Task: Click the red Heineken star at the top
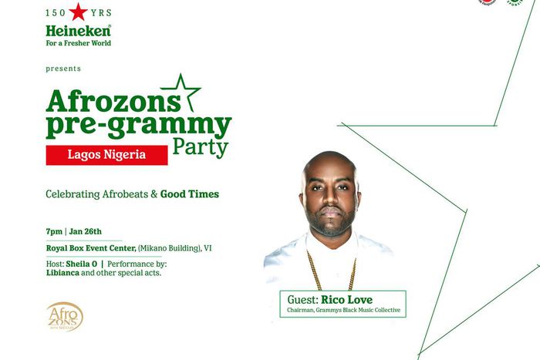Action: tap(79, 13)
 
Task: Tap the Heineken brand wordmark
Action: tap(78, 31)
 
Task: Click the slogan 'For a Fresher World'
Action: tap(78, 43)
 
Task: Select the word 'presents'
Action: tap(63, 69)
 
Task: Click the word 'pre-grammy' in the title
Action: tap(138, 126)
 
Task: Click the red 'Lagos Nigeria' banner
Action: tap(106, 154)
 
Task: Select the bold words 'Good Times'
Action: tap(190, 194)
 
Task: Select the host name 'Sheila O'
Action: tap(92, 264)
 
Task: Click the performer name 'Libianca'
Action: tap(62, 273)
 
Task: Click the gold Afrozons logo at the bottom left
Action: tap(64, 316)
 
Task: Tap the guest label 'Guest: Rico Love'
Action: tap(340, 298)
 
